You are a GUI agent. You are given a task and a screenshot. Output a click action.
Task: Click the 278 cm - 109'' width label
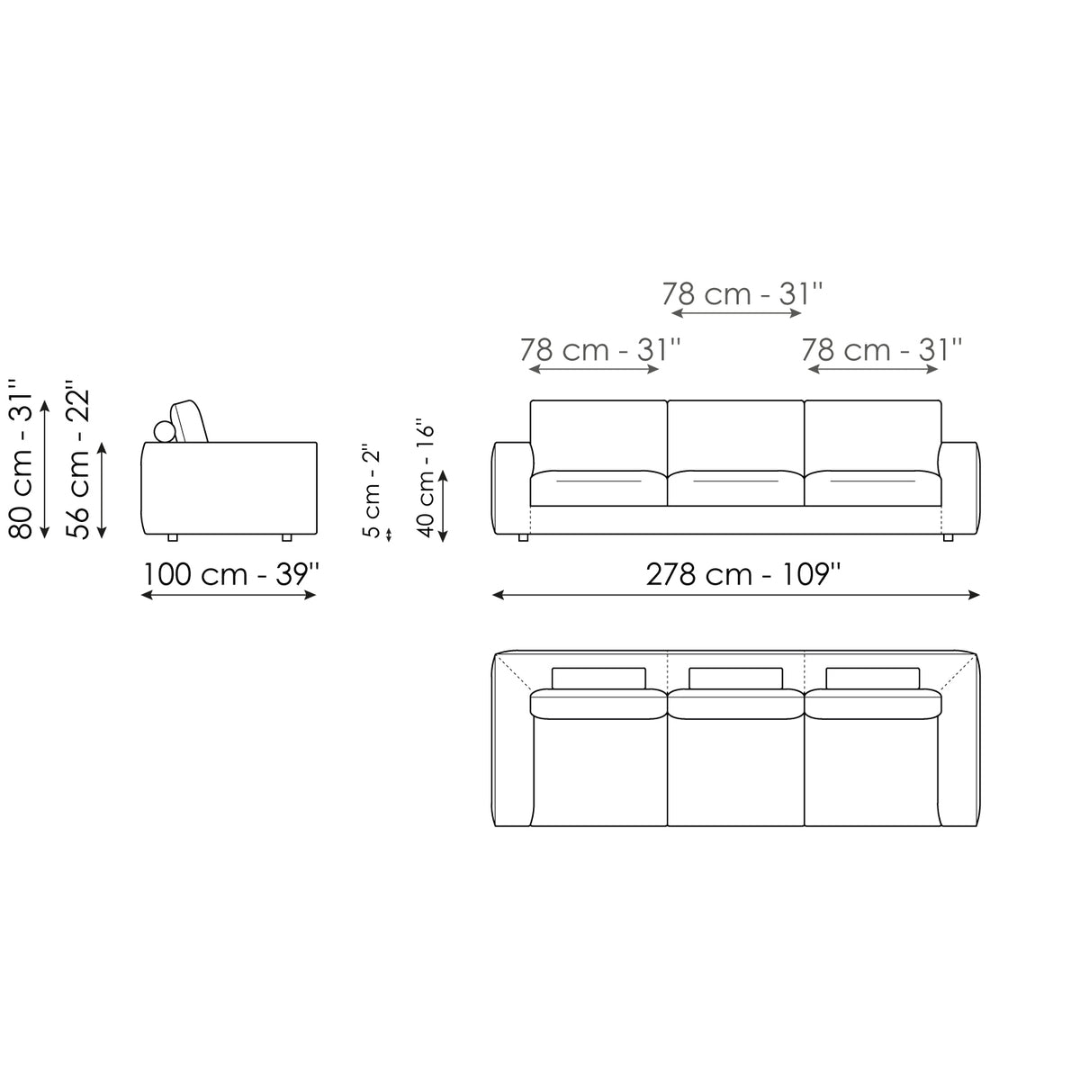tap(743, 574)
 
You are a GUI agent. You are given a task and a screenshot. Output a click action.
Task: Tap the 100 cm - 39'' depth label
tap(231, 574)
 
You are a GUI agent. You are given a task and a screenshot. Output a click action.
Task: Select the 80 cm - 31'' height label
tap(22, 459)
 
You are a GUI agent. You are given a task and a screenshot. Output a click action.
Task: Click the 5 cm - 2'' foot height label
tap(372, 491)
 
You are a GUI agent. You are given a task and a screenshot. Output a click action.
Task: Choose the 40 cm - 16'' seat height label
tap(426, 479)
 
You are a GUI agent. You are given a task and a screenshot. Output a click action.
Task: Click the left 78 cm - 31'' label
tap(600, 350)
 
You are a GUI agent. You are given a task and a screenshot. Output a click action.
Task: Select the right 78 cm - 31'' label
tap(882, 350)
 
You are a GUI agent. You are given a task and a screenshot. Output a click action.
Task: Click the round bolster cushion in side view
tap(165, 431)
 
